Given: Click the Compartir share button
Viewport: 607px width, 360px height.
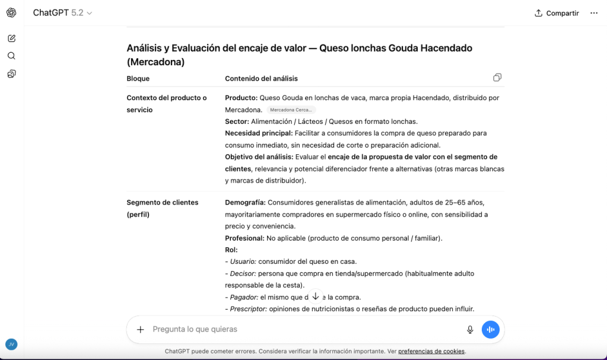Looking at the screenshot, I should point(557,13).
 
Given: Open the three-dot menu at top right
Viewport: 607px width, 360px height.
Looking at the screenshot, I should point(594,13).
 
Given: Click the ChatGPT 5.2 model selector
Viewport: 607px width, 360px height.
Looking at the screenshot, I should point(62,12).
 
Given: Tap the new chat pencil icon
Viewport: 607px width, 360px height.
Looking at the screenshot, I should point(11,38).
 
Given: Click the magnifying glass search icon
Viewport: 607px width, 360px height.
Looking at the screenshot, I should point(11,56).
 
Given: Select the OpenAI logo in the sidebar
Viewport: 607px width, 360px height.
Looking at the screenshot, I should point(11,12).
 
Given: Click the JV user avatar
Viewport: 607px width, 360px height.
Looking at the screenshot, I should point(11,344).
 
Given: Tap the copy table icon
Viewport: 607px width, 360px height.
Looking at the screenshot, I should point(497,78).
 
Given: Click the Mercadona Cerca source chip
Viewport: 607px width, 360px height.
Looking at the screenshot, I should point(291,110).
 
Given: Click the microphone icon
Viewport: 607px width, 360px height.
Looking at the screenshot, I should point(470,330).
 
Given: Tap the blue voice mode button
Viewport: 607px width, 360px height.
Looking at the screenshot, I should point(490,330).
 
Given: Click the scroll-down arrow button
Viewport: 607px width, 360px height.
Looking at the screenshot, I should point(315,296).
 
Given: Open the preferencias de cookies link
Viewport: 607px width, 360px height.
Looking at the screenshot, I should point(431,351).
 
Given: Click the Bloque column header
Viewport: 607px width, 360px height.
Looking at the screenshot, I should point(138,78).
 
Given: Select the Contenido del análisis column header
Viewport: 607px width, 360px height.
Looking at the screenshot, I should point(261,78).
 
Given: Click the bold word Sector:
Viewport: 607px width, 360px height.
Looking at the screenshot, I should point(237,122).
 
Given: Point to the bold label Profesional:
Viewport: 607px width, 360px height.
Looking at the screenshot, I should point(244,238).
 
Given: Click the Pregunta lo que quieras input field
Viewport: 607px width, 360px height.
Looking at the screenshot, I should point(297,329).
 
